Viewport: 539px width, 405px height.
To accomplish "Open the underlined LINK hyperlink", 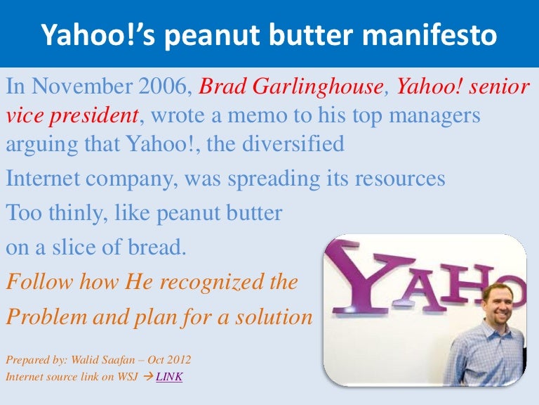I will point(169,377).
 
